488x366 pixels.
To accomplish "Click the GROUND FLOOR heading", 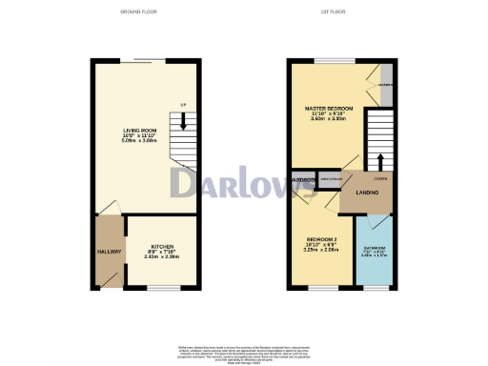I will coord(139,12).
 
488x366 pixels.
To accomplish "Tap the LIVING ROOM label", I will coord(139,132).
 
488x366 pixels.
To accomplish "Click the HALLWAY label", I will coord(109,252).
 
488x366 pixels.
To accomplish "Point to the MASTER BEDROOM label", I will coord(329,109).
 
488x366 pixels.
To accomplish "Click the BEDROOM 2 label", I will coord(322,238).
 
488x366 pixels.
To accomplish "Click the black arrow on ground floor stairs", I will coord(182,120).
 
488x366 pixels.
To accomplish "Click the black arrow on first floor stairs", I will coord(379,159).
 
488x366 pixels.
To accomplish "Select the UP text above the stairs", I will coord(182,104).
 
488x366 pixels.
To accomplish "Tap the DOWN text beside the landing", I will coord(379,178).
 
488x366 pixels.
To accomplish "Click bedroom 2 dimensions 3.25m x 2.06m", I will coord(322,250).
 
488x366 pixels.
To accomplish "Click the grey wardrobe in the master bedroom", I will coord(385,77).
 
